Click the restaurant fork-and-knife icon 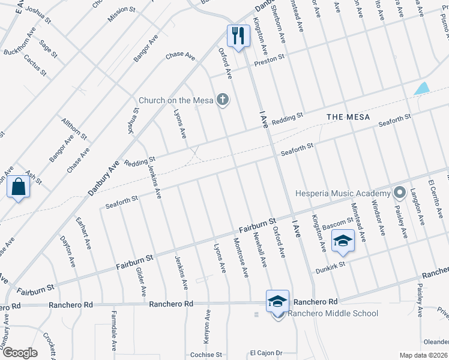238,35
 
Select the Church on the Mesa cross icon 223,100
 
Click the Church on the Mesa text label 176,100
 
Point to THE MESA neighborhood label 348,116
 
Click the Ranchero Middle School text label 333,313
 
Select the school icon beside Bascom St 343,240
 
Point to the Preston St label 268,59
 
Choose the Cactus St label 35,65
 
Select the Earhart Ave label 83,235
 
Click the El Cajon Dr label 266,353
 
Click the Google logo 20,353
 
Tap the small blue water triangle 422,88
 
